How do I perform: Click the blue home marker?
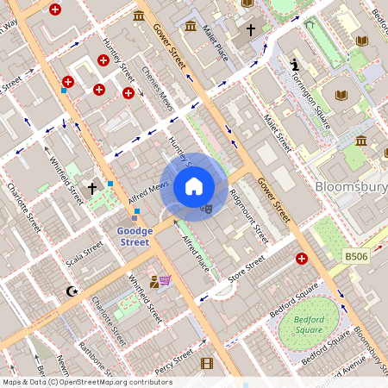pyautogui.click(x=194, y=186)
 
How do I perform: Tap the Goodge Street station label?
pyautogui.click(x=134, y=236)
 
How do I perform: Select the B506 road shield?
pyautogui.click(x=356, y=257)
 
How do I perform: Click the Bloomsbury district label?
pyautogui.click(x=351, y=186)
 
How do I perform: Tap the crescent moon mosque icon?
pyautogui.click(x=72, y=291)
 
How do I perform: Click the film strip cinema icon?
pyautogui.click(x=206, y=363)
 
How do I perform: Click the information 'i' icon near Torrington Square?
pyautogui.click(x=295, y=65)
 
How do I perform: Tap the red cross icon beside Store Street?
pyautogui.click(x=301, y=259)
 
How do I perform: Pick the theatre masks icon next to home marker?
pyautogui.click(x=206, y=207)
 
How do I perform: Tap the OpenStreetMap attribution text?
pyautogui.click(x=87, y=382)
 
